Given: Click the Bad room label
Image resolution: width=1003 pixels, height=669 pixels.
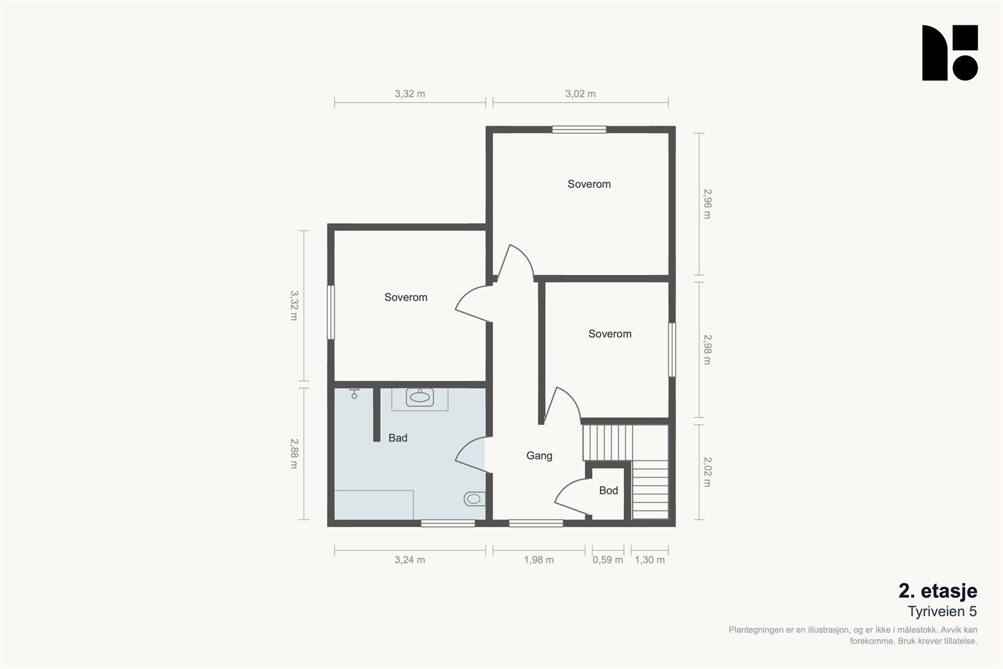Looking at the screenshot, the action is (398, 438).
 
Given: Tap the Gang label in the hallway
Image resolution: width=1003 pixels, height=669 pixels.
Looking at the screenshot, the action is (539, 456).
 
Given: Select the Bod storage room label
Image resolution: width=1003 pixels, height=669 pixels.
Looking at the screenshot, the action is (608, 491).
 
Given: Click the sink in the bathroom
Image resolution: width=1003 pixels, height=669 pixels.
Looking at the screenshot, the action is (419, 397).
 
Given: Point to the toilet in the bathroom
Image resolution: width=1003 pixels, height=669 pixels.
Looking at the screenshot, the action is (474, 498).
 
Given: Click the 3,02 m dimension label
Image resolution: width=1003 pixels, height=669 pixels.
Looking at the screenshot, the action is (580, 93).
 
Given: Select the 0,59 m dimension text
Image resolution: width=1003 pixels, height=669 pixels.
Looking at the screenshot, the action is (608, 560).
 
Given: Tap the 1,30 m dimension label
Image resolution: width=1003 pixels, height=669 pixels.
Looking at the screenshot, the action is (649, 560).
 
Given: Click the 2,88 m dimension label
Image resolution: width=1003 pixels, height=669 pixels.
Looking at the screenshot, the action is (294, 453).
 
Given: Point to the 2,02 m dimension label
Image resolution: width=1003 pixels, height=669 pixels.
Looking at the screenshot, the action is (707, 472).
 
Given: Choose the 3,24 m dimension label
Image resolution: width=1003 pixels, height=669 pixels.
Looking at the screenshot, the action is (410, 560).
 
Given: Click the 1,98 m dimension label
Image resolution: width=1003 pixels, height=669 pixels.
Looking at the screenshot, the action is (538, 560).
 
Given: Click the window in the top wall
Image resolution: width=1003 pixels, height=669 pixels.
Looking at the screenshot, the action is (579, 130).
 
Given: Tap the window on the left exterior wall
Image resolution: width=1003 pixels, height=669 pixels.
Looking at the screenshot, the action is (331, 312).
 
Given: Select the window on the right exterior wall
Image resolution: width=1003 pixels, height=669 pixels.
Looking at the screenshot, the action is (672, 350).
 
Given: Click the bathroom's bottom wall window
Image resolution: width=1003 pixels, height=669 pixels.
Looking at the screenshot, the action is (448, 523).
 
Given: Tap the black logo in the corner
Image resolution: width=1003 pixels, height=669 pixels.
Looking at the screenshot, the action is (949, 53).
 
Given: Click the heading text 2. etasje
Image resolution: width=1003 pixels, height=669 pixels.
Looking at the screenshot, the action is (938, 591).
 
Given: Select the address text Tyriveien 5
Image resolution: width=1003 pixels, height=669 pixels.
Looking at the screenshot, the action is (942, 612).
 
